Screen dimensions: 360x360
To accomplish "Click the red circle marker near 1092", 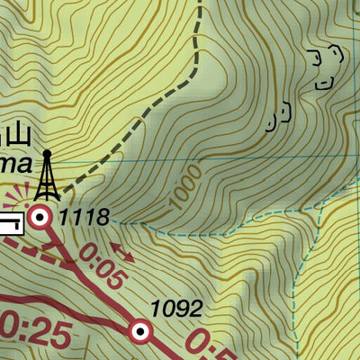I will [x=139, y=332].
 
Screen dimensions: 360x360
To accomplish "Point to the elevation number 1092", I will [x=176, y=310].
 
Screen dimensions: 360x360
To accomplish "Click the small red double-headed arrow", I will [x=122, y=253].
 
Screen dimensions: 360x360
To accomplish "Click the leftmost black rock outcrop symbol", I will [x=281, y=115].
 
